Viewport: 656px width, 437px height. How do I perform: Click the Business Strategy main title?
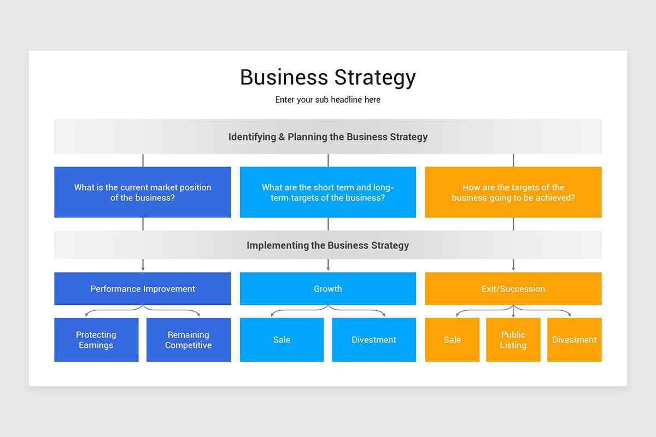tap(328, 78)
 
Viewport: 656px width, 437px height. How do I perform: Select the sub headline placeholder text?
tap(328, 100)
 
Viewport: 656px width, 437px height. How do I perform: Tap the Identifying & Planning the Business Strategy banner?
tap(328, 137)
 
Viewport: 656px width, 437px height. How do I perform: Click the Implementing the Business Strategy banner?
tap(328, 245)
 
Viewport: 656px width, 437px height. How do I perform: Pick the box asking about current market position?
tap(143, 192)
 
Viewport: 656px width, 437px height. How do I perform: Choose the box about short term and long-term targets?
tap(328, 192)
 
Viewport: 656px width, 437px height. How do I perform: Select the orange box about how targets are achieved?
tap(513, 192)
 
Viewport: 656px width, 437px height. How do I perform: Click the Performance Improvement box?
tap(143, 289)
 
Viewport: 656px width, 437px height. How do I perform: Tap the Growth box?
tap(328, 289)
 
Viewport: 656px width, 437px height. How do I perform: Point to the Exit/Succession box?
tap(513, 289)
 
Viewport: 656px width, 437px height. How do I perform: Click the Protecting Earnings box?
tap(96, 340)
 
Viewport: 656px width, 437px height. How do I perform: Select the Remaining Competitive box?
tap(189, 340)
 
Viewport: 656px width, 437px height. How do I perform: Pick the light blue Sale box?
tap(282, 340)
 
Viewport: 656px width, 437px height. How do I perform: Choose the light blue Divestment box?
tap(374, 340)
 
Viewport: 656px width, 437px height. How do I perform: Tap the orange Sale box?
tap(452, 340)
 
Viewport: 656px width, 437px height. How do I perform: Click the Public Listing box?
tap(513, 340)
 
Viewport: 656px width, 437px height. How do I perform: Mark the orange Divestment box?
tap(575, 340)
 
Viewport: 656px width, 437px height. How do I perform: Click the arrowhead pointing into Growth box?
tap(328, 269)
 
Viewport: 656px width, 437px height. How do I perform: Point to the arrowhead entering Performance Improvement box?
tap(143, 269)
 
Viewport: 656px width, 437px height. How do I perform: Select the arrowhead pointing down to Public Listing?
tap(513, 315)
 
